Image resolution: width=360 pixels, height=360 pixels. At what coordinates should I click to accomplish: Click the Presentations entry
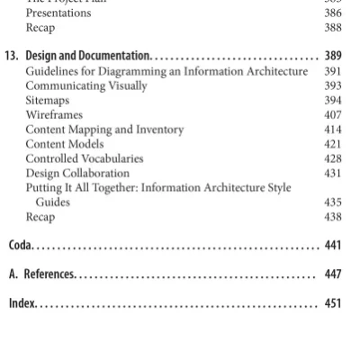pyautogui.click(x=58, y=13)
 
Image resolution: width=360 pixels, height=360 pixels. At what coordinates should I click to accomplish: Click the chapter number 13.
pyautogui.click(x=12, y=56)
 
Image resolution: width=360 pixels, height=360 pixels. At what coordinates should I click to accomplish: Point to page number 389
pyautogui.click(x=332, y=56)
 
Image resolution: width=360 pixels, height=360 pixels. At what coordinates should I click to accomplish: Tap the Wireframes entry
pyautogui.click(x=54, y=115)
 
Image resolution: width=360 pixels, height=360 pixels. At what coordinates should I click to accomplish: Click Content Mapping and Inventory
pyautogui.click(x=104, y=130)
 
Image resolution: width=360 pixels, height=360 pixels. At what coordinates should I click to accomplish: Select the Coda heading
pyautogui.click(x=20, y=245)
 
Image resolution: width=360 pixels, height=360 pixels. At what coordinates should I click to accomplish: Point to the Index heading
pyautogui.click(x=21, y=303)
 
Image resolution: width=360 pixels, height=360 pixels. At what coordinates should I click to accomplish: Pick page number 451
pyautogui.click(x=332, y=303)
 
